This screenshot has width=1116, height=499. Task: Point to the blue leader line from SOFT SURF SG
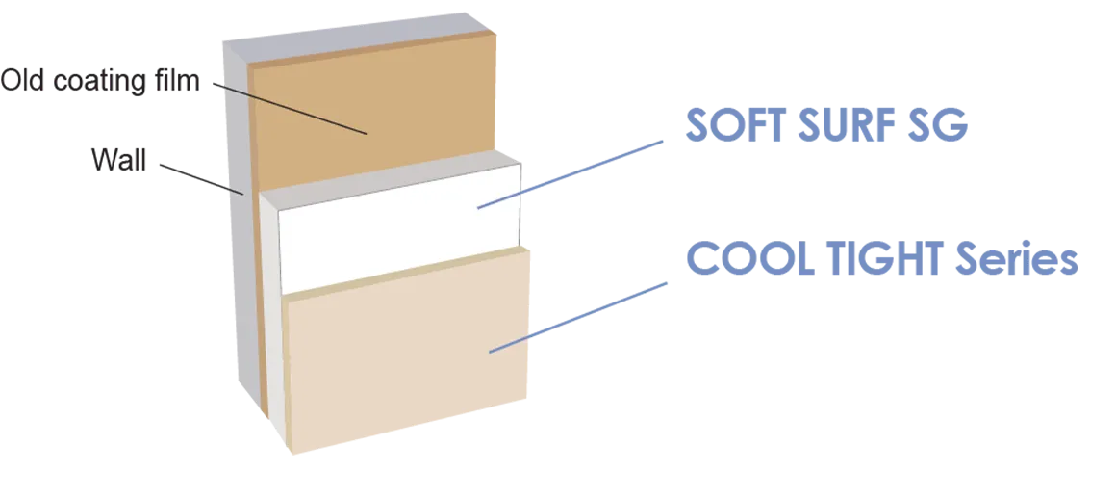[x=577, y=171]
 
